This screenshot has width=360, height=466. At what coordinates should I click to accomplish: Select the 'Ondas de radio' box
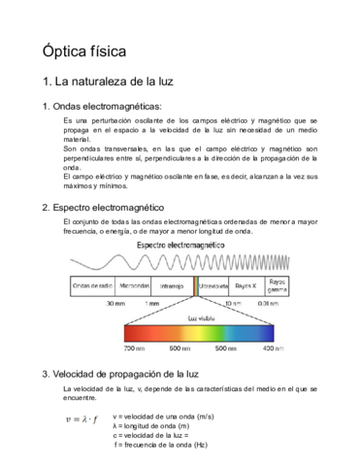pyautogui.click(x=92, y=287)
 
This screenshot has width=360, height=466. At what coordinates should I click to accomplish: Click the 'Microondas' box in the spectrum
pyautogui.click(x=134, y=287)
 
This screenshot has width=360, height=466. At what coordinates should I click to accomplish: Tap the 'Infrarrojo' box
pyautogui.click(x=172, y=287)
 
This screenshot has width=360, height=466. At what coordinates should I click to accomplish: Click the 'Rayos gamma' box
pyautogui.click(x=278, y=287)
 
